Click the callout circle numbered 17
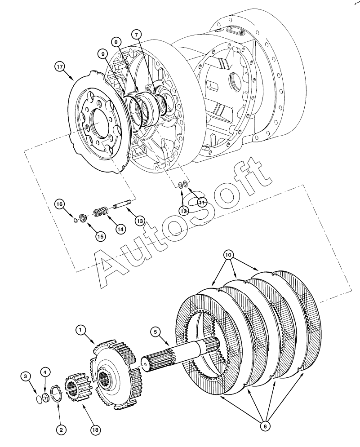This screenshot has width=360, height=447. click(x=60, y=67)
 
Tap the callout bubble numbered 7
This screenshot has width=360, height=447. click(x=136, y=35)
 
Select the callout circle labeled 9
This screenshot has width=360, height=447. click(x=102, y=53)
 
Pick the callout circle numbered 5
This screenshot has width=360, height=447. click(x=156, y=332)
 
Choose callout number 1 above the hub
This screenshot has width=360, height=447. click(x=80, y=330)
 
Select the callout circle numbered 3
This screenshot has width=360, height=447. click(x=26, y=377)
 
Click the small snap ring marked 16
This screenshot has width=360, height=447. click(x=76, y=220)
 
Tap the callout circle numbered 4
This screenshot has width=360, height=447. click(x=45, y=372)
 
